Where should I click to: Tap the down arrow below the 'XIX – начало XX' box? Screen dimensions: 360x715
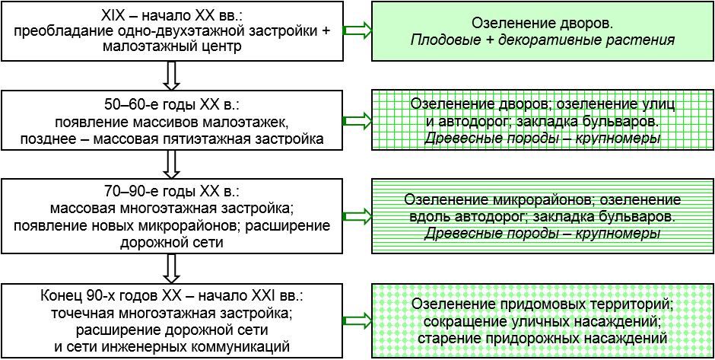point(172,75)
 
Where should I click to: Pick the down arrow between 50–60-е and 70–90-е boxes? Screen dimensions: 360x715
point(172,164)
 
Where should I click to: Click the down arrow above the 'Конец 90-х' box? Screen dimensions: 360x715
point(172,268)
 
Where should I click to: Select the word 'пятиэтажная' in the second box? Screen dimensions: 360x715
point(231,139)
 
